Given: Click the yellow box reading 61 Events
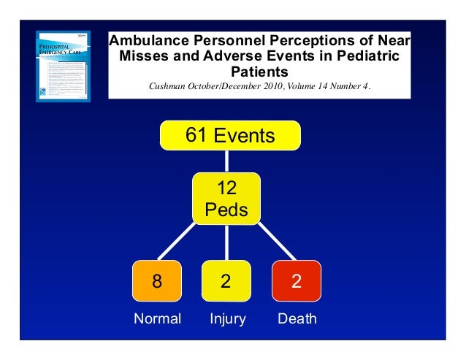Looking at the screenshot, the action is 230,135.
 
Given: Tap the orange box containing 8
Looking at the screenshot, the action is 156,281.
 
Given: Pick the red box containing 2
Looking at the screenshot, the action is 296,281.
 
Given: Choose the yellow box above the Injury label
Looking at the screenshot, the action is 226,281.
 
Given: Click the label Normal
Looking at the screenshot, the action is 156,319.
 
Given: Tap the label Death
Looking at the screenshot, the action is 297,319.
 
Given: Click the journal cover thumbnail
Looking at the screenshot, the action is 64,66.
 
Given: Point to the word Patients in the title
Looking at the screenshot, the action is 259,72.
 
